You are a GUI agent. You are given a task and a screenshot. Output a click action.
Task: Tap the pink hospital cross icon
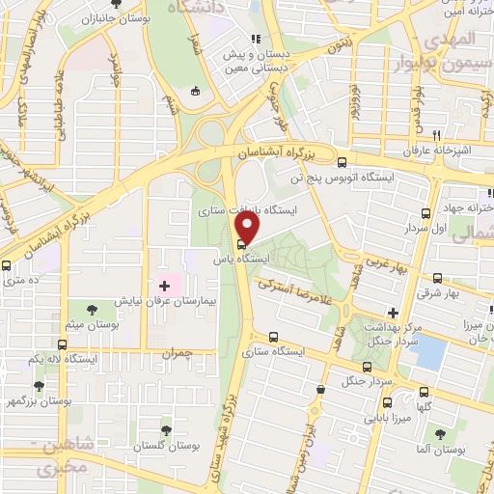click(x=164, y=286)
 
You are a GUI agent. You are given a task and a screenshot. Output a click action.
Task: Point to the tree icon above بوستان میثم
click(x=92, y=311)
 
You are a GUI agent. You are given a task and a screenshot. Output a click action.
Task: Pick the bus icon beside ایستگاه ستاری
click(x=275, y=338)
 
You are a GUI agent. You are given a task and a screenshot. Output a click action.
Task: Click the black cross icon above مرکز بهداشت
click(x=393, y=313)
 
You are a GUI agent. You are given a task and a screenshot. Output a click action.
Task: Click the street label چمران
click(x=178, y=353)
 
